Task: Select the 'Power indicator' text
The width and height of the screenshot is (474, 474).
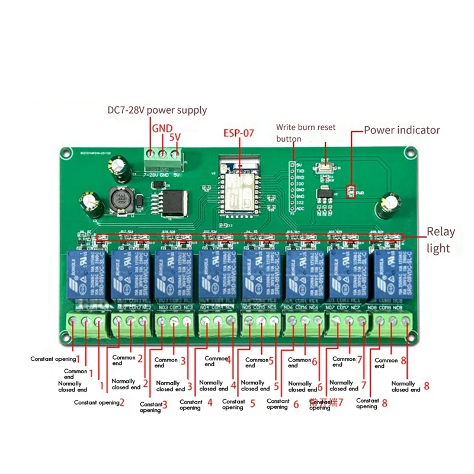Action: pos(402,130)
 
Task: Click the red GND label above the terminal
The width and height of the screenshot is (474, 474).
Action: pos(162,128)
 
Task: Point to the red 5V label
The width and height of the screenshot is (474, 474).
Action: pos(175,137)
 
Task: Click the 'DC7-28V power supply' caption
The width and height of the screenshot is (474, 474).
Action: pos(157,110)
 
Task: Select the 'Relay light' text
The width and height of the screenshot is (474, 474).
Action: pos(438,240)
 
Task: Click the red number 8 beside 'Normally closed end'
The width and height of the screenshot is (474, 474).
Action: pos(425,386)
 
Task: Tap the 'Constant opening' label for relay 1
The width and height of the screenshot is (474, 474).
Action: pos(53,359)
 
